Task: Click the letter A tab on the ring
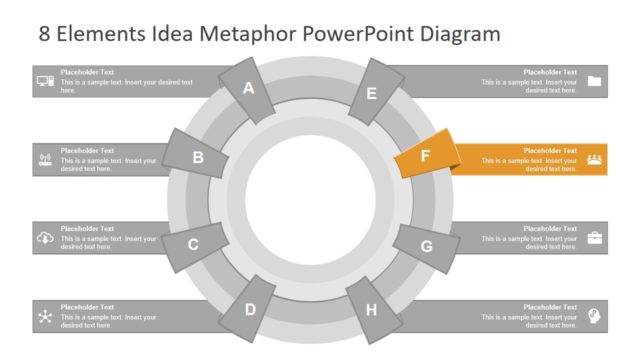click(x=249, y=88)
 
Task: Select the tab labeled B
click(x=198, y=157)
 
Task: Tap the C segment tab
click(x=193, y=244)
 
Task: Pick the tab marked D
click(x=250, y=310)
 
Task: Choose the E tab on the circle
click(x=371, y=94)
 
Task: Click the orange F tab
click(x=425, y=156)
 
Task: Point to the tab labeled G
click(x=426, y=246)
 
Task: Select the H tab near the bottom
click(x=371, y=309)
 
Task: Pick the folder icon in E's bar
click(x=595, y=81)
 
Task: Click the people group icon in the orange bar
click(x=595, y=159)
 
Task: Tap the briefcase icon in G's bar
click(x=595, y=238)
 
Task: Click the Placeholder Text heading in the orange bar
click(x=550, y=150)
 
